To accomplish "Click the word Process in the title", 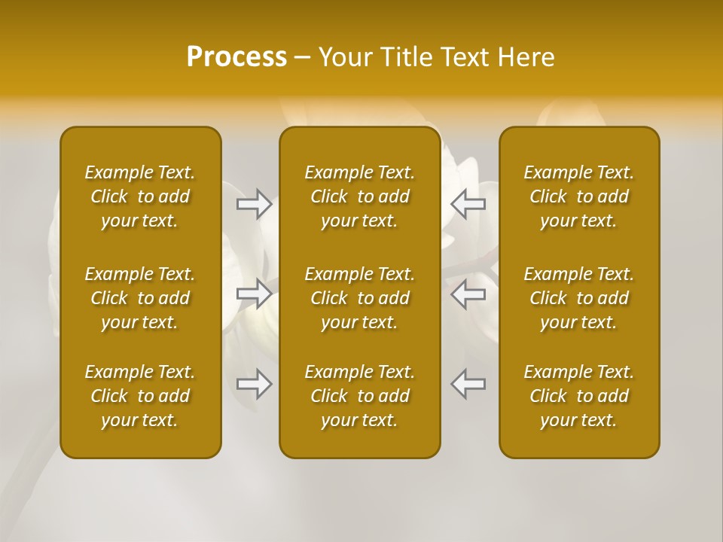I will tap(236, 57).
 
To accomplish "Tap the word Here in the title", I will tap(527, 57).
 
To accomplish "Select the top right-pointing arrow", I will tap(254, 204).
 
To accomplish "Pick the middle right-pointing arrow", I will tap(254, 294).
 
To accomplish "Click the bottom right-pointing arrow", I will tap(254, 384).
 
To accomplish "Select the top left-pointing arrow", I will tap(468, 204).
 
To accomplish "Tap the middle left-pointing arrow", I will tap(468, 294).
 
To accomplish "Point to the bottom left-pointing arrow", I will tap(468, 384).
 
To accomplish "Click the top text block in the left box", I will tap(140, 196).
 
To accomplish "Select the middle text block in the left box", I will tap(140, 298).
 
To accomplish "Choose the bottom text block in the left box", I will tap(140, 396).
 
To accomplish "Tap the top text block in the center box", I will tap(360, 196).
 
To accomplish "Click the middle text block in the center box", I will tap(360, 298).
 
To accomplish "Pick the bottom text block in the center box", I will tap(360, 396).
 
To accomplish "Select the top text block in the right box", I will tap(579, 196).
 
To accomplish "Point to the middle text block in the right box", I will tap(579, 298).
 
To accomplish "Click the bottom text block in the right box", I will tap(579, 396).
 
